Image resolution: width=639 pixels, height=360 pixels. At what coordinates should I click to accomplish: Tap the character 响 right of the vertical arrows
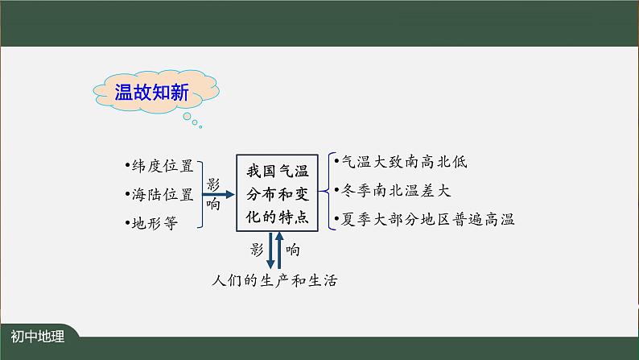pos(293,250)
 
